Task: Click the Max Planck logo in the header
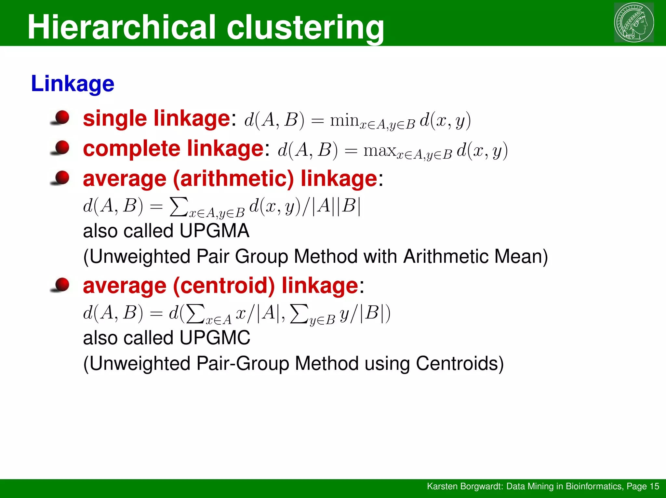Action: (634, 22)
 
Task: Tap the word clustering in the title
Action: (305, 28)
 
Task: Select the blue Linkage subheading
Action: (73, 84)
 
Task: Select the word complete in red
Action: (132, 149)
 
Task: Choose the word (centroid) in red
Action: (224, 286)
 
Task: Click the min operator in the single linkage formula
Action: (344, 120)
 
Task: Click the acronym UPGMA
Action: (214, 231)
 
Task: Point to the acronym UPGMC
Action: (215, 338)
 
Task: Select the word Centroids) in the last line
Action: (460, 363)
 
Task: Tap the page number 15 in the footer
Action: (654, 486)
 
